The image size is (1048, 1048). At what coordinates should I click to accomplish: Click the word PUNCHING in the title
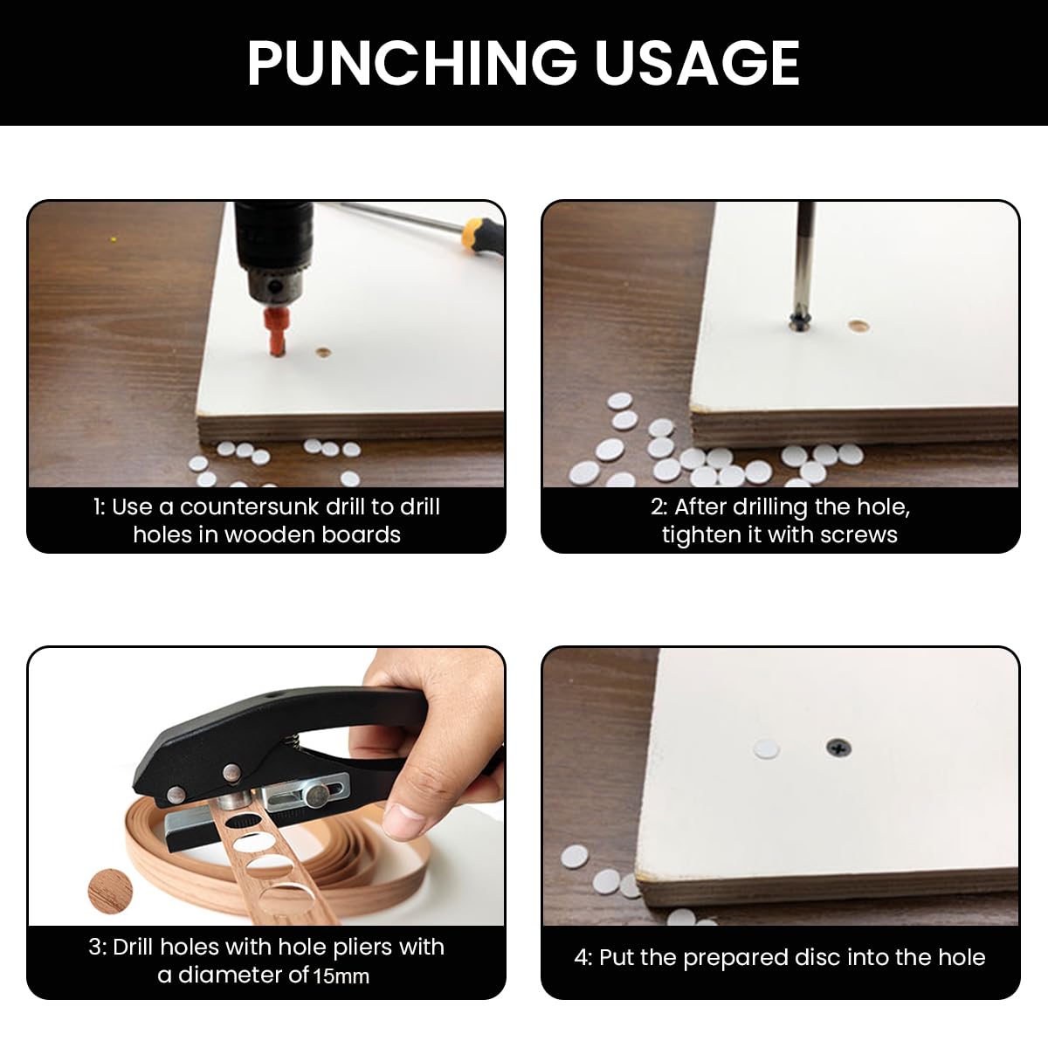[x=410, y=63]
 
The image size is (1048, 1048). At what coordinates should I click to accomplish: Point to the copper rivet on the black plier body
[x=233, y=772]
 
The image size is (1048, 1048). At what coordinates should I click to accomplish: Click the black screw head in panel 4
[x=835, y=748]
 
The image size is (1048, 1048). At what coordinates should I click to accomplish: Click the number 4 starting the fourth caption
[x=582, y=958]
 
